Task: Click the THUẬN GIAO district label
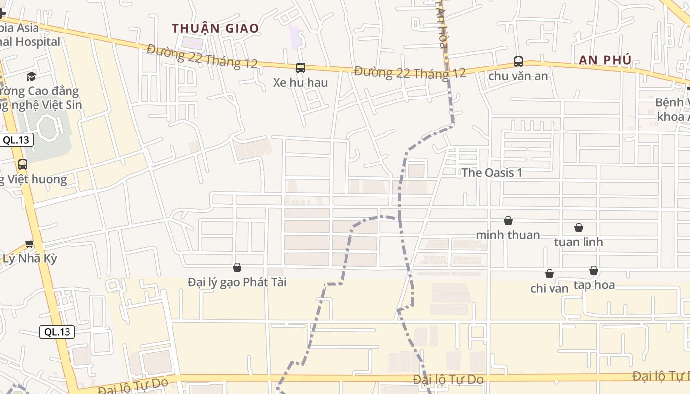(x=215, y=28)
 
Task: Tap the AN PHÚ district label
(x=605, y=60)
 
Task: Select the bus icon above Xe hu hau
(x=300, y=68)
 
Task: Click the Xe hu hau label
(x=300, y=82)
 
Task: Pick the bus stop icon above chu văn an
(x=518, y=62)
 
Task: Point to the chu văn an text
(x=518, y=76)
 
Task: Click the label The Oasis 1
(x=492, y=173)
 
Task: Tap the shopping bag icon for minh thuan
(x=508, y=221)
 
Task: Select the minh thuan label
(x=508, y=235)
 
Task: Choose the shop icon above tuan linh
(x=578, y=228)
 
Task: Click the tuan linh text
(x=578, y=242)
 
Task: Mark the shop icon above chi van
(x=549, y=274)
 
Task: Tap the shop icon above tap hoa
(x=593, y=270)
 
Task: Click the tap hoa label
(x=593, y=285)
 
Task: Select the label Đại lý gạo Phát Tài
(x=237, y=282)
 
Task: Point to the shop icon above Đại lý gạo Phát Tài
(x=237, y=267)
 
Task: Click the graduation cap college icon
(x=31, y=76)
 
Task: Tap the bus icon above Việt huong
(x=22, y=164)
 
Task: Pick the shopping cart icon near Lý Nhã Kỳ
(x=30, y=244)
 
